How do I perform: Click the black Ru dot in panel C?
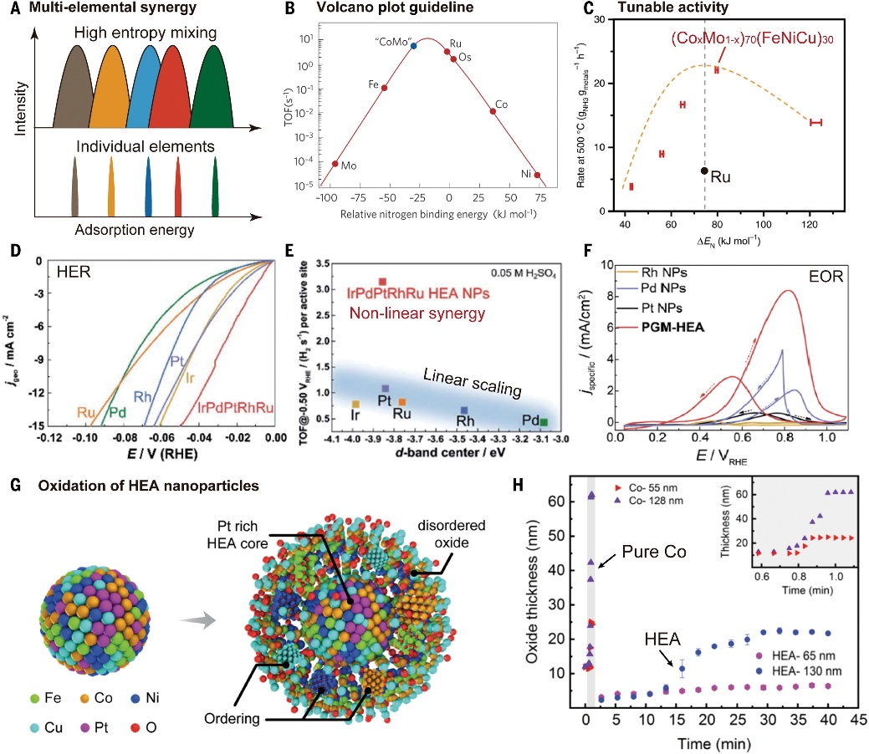[704, 171]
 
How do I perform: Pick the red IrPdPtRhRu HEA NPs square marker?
[382, 282]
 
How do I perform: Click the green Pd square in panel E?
[544, 421]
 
